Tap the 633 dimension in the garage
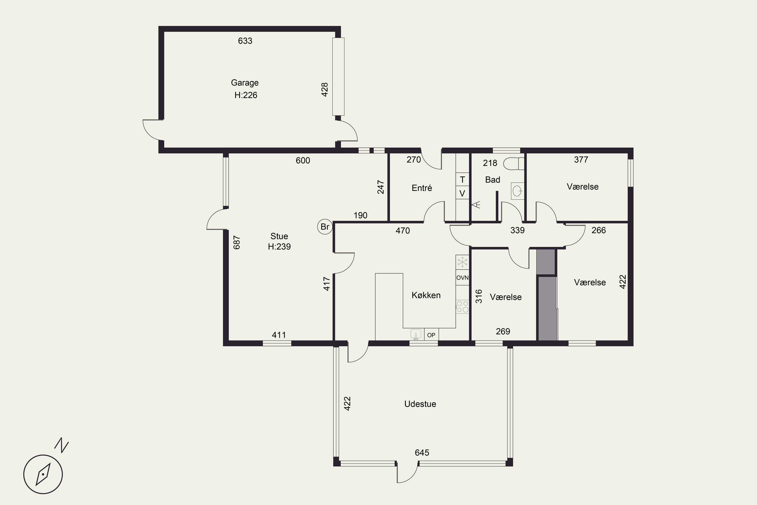(x=245, y=41)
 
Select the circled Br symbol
(x=325, y=227)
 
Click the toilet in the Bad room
(x=514, y=164)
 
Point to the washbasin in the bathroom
(x=518, y=191)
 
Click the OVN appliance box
(x=462, y=277)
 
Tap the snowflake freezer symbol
(x=462, y=262)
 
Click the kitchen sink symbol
(x=416, y=334)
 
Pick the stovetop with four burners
(x=462, y=307)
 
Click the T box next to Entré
(x=462, y=179)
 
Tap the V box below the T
(x=462, y=193)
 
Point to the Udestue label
(x=420, y=404)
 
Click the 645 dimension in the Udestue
(x=422, y=452)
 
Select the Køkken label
(x=426, y=295)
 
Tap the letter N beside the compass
(x=62, y=445)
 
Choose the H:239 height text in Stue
(x=279, y=247)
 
